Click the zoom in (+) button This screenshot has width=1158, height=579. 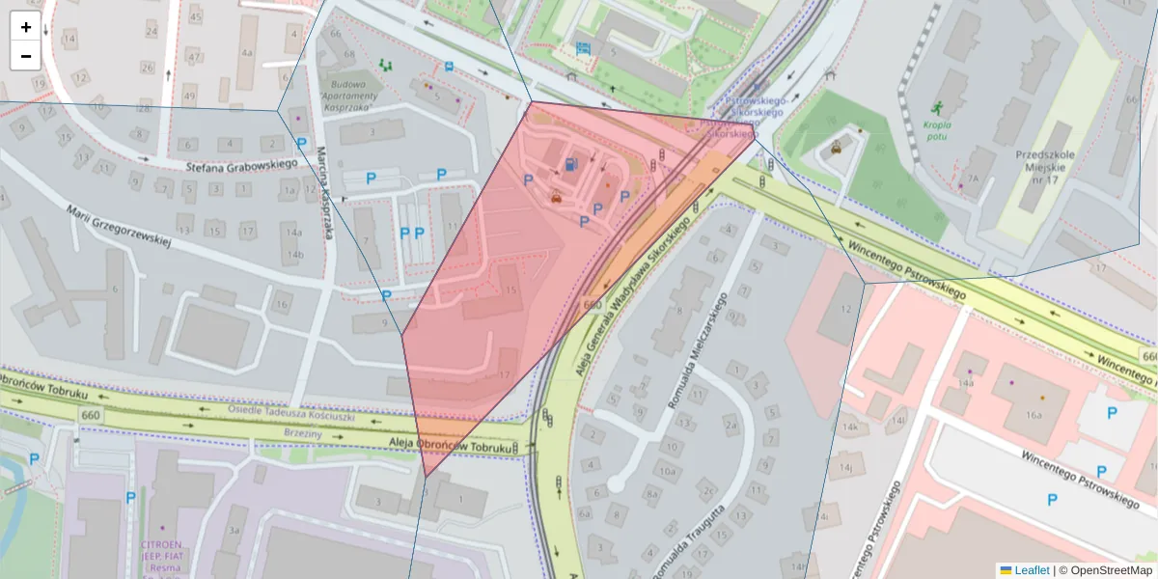pyautogui.click(x=26, y=27)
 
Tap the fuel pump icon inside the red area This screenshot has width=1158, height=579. pyautogui.click(x=573, y=165)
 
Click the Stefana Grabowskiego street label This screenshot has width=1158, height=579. pyautogui.click(x=241, y=165)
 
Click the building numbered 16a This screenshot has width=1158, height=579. pyautogui.click(x=1034, y=415)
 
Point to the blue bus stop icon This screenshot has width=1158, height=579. pyautogui.click(x=450, y=67)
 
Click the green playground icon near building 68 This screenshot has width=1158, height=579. pyautogui.click(x=387, y=65)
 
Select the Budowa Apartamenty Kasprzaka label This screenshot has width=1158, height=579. pyautogui.click(x=345, y=96)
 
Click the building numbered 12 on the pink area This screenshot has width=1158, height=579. pyautogui.click(x=846, y=309)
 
